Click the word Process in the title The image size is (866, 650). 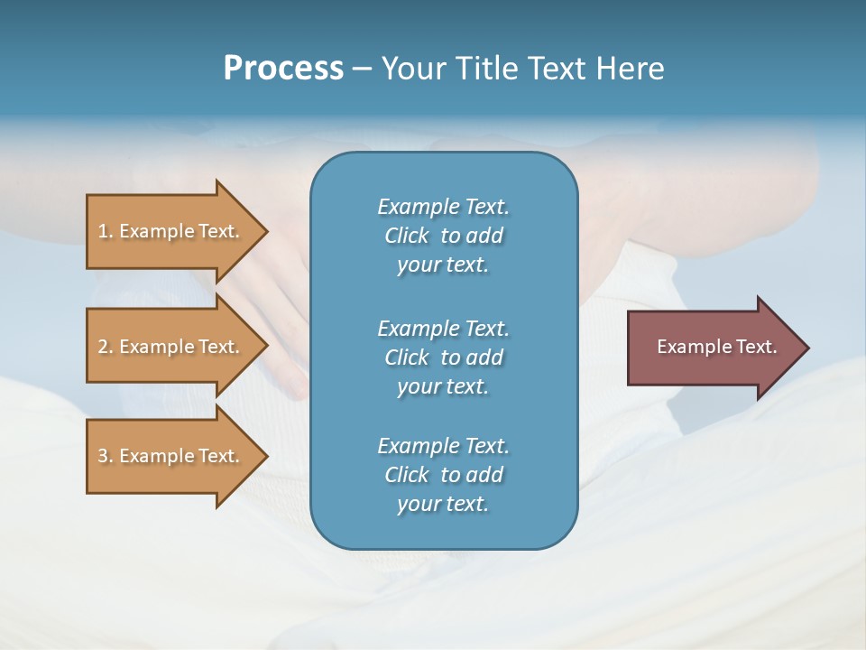pyautogui.click(x=283, y=68)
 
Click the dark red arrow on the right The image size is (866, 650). pyautogui.click(x=713, y=347)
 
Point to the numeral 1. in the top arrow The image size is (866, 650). pyautogui.click(x=105, y=231)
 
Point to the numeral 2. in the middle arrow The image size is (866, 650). pyautogui.click(x=105, y=347)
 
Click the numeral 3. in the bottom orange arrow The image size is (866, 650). pyautogui.click(x=105, y=456)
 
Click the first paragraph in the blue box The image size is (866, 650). pyautogui.click(x=443, y=236)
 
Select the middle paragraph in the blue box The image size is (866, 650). pyautogui.click(x=443, y=357)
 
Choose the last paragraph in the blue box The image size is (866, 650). pyautogui.click(x=443, y=475)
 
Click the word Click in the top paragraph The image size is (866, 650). pyautogui.click(x=407, y=236)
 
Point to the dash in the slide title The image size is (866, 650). pyautogui.click(x=362, y=69)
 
